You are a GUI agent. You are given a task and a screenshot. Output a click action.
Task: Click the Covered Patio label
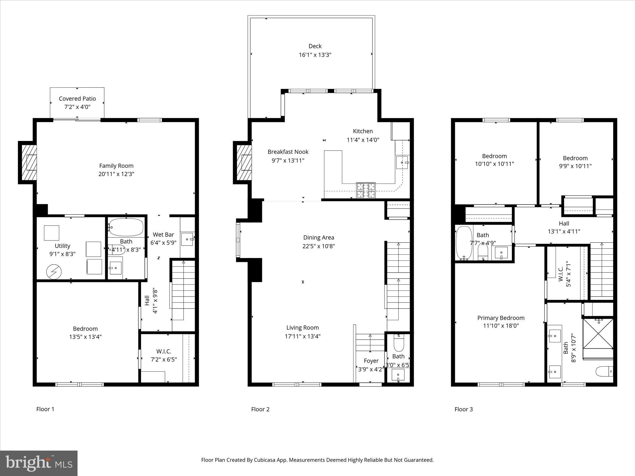pyautogui.click(x=77, y=99)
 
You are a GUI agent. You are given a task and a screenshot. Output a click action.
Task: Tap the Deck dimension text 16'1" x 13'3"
pyautogui.click(x=315, y=55)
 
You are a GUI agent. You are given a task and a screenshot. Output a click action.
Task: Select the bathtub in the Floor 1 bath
pyautogui.click(x=126, y=227)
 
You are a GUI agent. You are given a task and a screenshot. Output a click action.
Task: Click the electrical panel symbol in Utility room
pyautogui.click(x=54, y=272)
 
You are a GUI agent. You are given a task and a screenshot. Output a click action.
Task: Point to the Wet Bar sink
pyautogui.click(x=187, y=239)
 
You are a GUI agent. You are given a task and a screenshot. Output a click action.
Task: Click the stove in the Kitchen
pyautogui.click(x=366, y=190)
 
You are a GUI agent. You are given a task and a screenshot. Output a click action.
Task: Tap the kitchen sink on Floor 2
pyautogui.click(x=402, y=162)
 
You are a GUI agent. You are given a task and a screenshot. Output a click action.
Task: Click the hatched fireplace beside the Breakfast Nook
pyautogui.click(x=244, y=162)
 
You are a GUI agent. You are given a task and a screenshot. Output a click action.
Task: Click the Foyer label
pyautogui.click(x=371, y=361)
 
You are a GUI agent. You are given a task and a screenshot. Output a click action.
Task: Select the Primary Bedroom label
pyautogui.click(x=501, y=318)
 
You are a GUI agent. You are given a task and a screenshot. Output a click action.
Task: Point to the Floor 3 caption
pyautogui.click(x=464, y=409)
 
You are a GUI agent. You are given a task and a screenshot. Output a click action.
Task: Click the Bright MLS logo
pyautogui.click(x=39, y=463)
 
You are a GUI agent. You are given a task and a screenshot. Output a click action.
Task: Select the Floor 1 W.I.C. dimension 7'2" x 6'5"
pyautogui.click(x=164, y=359)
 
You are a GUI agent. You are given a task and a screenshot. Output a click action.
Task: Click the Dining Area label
pyautogui.click(x=318, y=237)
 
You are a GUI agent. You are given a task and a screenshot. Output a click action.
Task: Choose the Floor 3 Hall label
pyautogui.click(x=564, y=223)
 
